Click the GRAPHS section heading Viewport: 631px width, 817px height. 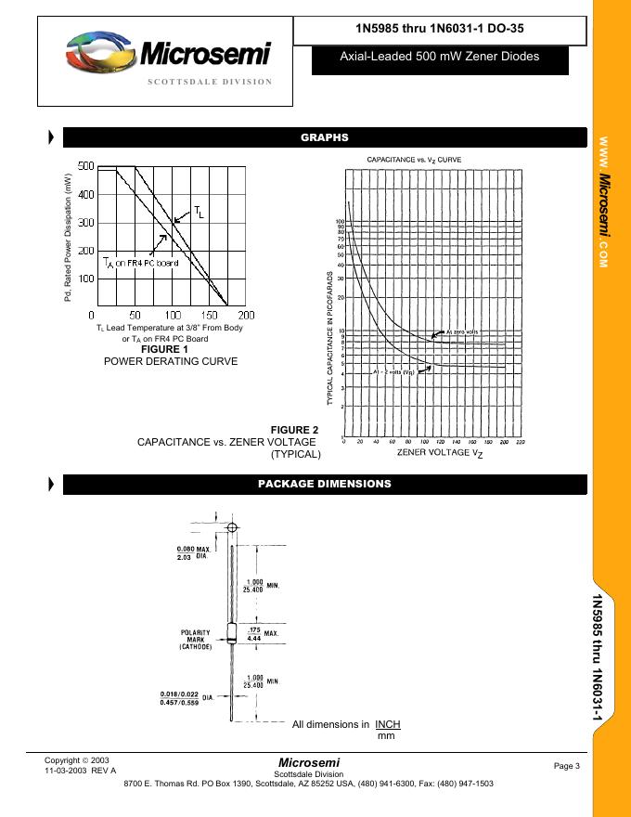pos(324,137)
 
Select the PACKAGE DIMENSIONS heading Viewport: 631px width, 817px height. pos(324,484)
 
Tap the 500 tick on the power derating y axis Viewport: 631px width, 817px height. pos(85,166)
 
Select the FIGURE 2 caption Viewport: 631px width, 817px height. pos(294,429)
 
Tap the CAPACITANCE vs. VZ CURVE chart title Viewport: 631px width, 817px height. pos(414,160)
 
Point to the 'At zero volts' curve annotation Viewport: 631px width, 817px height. pos(461,332)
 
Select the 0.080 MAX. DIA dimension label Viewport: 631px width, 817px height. pos(194,553)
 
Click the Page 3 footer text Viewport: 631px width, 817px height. pos(566,765)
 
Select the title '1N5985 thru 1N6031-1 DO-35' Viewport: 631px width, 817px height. pos(439,28)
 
